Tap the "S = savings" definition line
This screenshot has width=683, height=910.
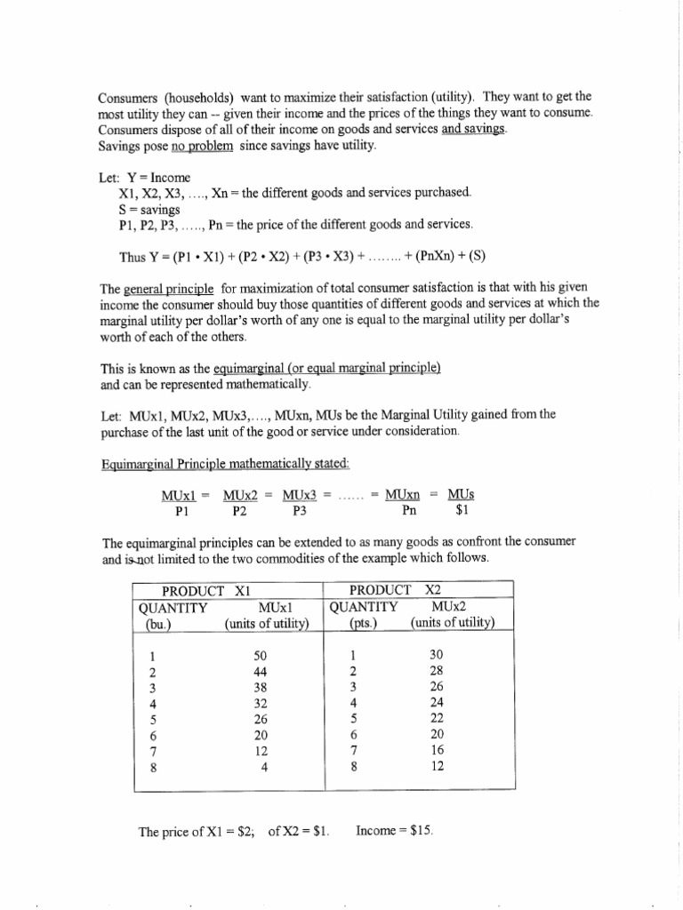pyautogui.click(x=149, y=209)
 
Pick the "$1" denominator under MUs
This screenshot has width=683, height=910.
pyautogui.click(x=461, y=511)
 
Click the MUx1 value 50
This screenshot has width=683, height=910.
pyautogui.click(x=261, y=655)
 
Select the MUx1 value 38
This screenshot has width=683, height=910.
pyautogui.click(x=261, y=687)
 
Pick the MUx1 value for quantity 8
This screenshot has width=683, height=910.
pyautogui.click(x=264, y=767)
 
